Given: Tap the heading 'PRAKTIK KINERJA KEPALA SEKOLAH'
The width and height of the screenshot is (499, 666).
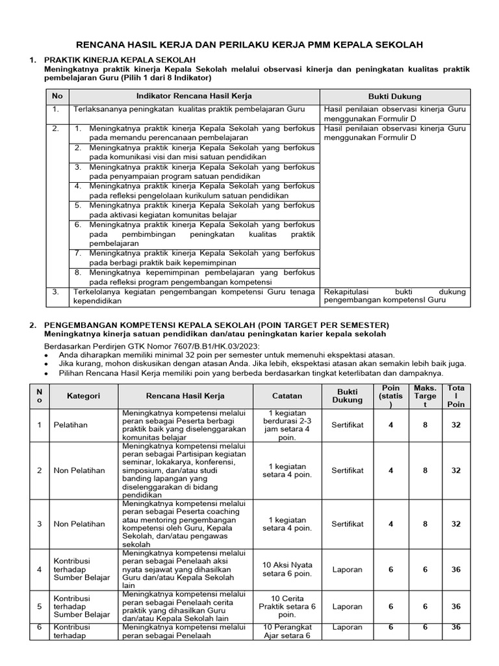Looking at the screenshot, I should point(119,60).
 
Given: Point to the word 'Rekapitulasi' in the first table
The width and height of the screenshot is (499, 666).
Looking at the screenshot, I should point(346,293).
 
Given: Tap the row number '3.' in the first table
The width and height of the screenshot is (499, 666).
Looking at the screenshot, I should point(57,293).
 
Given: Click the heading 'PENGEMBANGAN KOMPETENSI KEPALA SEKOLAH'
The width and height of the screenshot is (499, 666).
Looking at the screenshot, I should point(216,325).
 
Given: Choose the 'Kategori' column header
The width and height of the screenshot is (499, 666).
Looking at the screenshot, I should point(83,395).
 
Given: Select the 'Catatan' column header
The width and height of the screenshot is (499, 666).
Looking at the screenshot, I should point(287,395).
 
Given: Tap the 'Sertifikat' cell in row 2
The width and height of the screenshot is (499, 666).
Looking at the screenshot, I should point(348,470).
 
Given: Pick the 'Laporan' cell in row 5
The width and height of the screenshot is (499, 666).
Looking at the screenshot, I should point(348,606).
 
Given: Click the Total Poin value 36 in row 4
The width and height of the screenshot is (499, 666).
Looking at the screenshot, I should point(456,569).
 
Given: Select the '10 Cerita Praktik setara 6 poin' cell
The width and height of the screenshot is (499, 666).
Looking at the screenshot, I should point(287,606).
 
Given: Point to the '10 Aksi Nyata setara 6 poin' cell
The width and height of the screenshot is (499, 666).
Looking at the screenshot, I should point(287,569).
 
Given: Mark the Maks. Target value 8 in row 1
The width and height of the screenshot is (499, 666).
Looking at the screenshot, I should point(425,425).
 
